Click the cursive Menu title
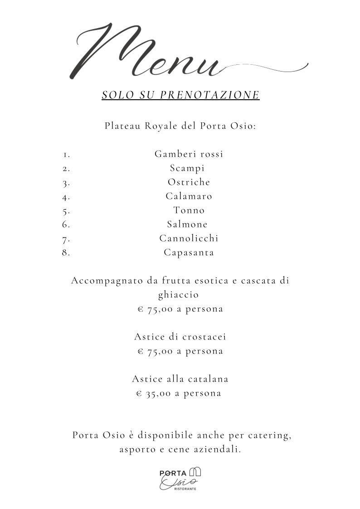(x=150, y=52)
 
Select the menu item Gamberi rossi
(x=189, y=154)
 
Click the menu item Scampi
(x=187, y=168)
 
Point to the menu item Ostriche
(x=189, y=182)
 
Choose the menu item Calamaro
(x=189, y=196)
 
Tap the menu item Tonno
(x=189, y=210)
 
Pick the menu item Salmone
(x=187, y=224)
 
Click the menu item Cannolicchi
(x=189, y=238)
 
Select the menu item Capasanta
(x=189, y=252)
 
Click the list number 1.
(x=66, y=155)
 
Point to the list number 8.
(x=66, y=253)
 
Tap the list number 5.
(x=66, y=211)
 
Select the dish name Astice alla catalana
(x=180, y=379)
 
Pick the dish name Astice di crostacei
(x=180, y=337)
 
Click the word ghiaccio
(x=178, y=295)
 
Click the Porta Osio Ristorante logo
(x=180, y=479)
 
